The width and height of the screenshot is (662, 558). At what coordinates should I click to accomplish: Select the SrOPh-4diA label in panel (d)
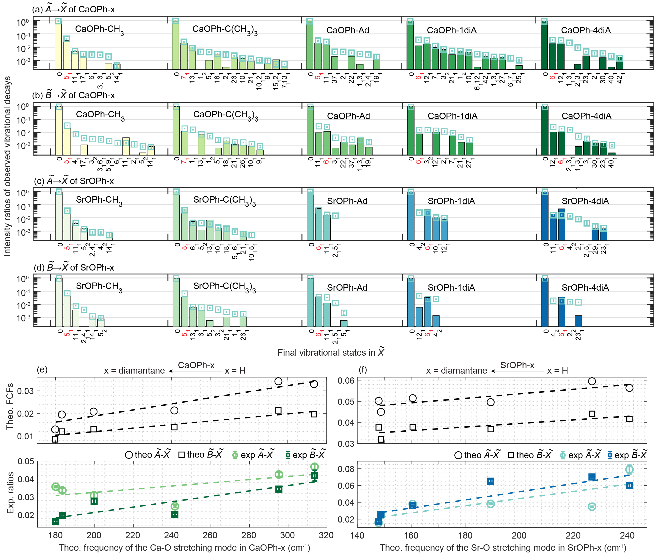[585, 287]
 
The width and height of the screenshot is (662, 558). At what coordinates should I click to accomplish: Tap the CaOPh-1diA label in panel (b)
[452, 116]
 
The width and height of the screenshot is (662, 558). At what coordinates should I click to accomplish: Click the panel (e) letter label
[42, 370]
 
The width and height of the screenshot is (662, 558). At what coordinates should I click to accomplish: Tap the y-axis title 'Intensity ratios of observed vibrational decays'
[7, 166]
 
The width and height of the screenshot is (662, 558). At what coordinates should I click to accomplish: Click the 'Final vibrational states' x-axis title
[331, 352]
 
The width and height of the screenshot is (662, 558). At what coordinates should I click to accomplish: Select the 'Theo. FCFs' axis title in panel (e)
[10, 406]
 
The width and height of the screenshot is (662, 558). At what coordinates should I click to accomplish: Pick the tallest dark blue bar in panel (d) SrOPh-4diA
[545, 302]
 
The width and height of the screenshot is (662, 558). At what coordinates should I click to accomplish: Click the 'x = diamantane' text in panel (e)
[134, 371]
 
